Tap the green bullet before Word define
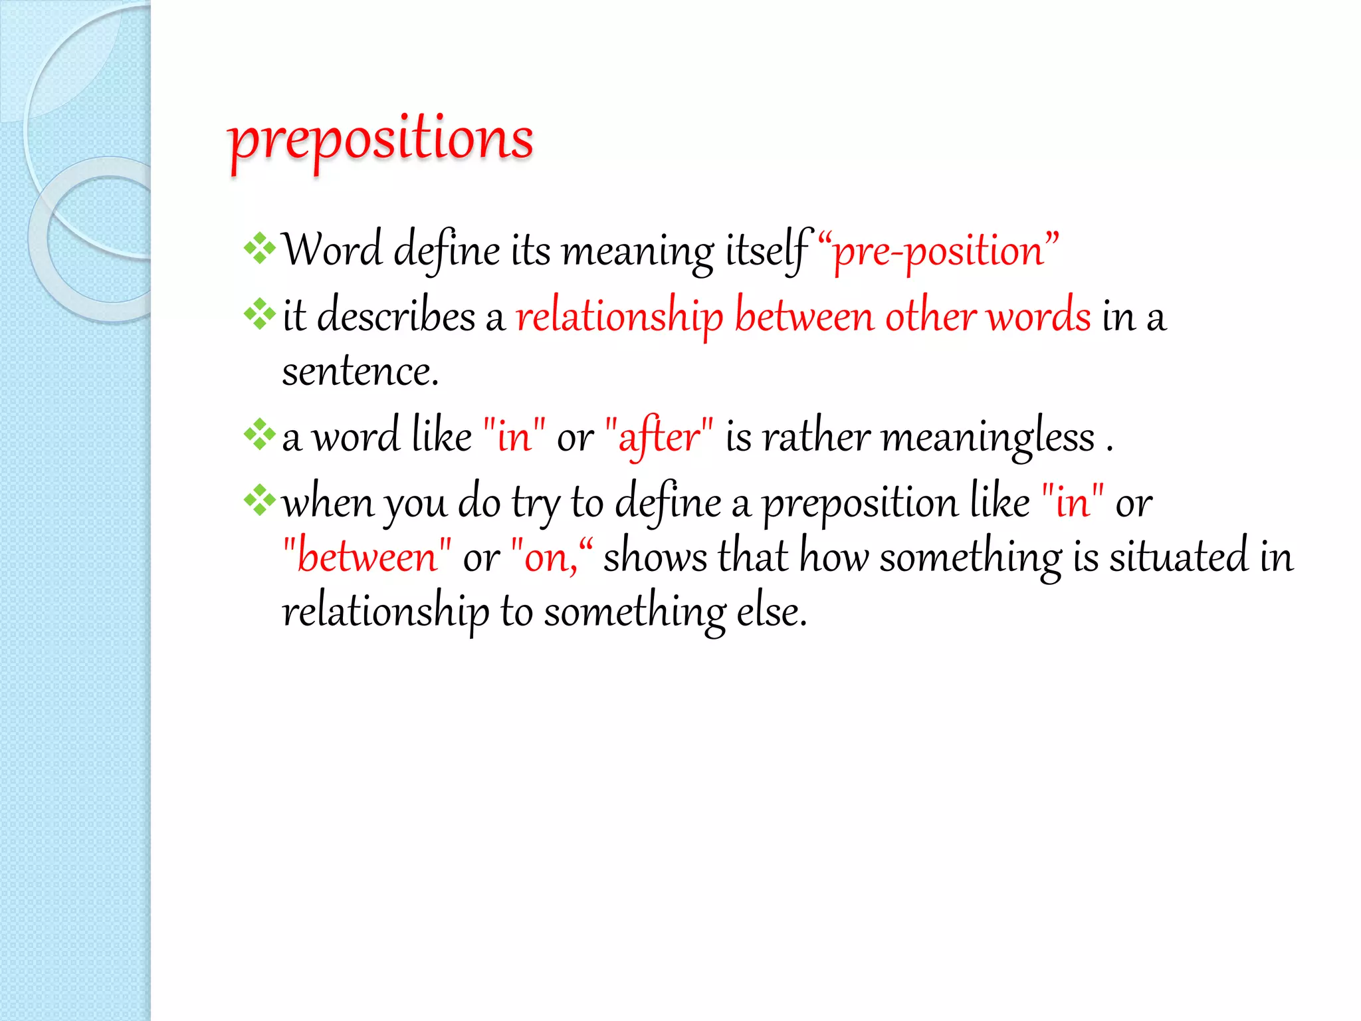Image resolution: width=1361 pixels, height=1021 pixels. (x=259, y=249)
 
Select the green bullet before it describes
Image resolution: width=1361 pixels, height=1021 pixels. (x=259, y=314)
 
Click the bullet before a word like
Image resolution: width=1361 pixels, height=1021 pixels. (x=259, y=435)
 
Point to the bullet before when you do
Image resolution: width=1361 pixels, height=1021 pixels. (x=259, y=501)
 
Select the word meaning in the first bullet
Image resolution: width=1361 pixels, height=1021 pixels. (x=637, y=253)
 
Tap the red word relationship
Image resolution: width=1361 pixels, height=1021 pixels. (x=619, y=316)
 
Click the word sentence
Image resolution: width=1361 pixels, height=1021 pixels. (x=360, y=372)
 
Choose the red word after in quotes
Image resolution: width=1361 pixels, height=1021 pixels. (x=659, y=437)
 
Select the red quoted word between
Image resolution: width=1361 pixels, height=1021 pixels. (x=367, y=557)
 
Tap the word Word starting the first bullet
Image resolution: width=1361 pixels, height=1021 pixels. (x=332, y=251)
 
